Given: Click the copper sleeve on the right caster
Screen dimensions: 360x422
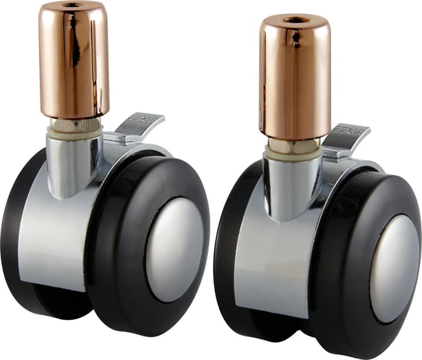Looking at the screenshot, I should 295,79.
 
